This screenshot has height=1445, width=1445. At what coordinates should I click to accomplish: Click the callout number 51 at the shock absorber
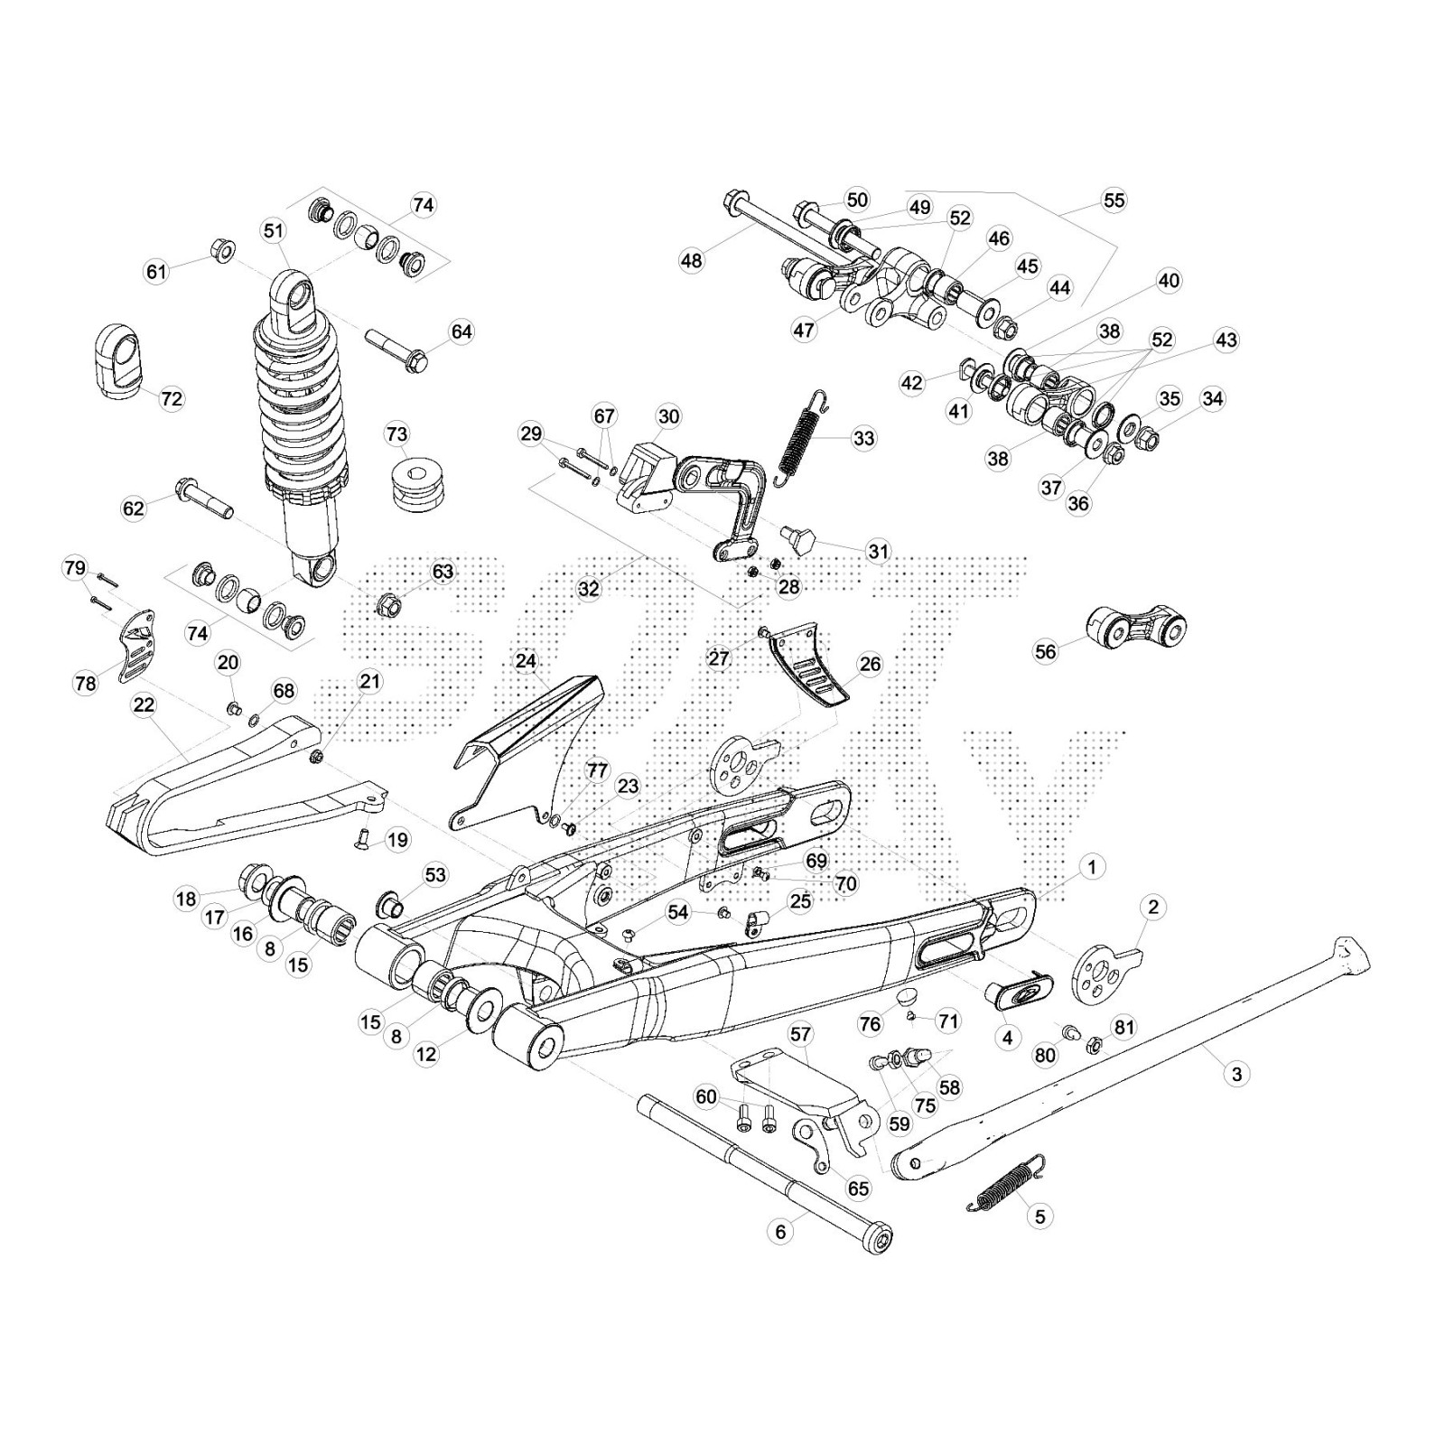coord(274,231)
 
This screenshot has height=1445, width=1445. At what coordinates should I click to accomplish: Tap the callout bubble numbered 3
coord(1236,1074)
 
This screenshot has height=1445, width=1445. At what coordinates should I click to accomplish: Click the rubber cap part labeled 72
coord(117,359)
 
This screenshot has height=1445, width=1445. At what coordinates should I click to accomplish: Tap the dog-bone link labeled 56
coord(1134,627)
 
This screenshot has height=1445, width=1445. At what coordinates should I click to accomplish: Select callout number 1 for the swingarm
coord(1092,868)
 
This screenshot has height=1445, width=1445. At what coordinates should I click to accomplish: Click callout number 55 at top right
coord(1114,200)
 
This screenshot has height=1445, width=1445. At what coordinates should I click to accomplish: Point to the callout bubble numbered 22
coord(144,704)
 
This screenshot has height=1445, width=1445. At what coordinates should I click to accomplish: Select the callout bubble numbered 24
coord(527,661)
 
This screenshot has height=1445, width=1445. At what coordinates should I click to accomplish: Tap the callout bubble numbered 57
coord(800,1034)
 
